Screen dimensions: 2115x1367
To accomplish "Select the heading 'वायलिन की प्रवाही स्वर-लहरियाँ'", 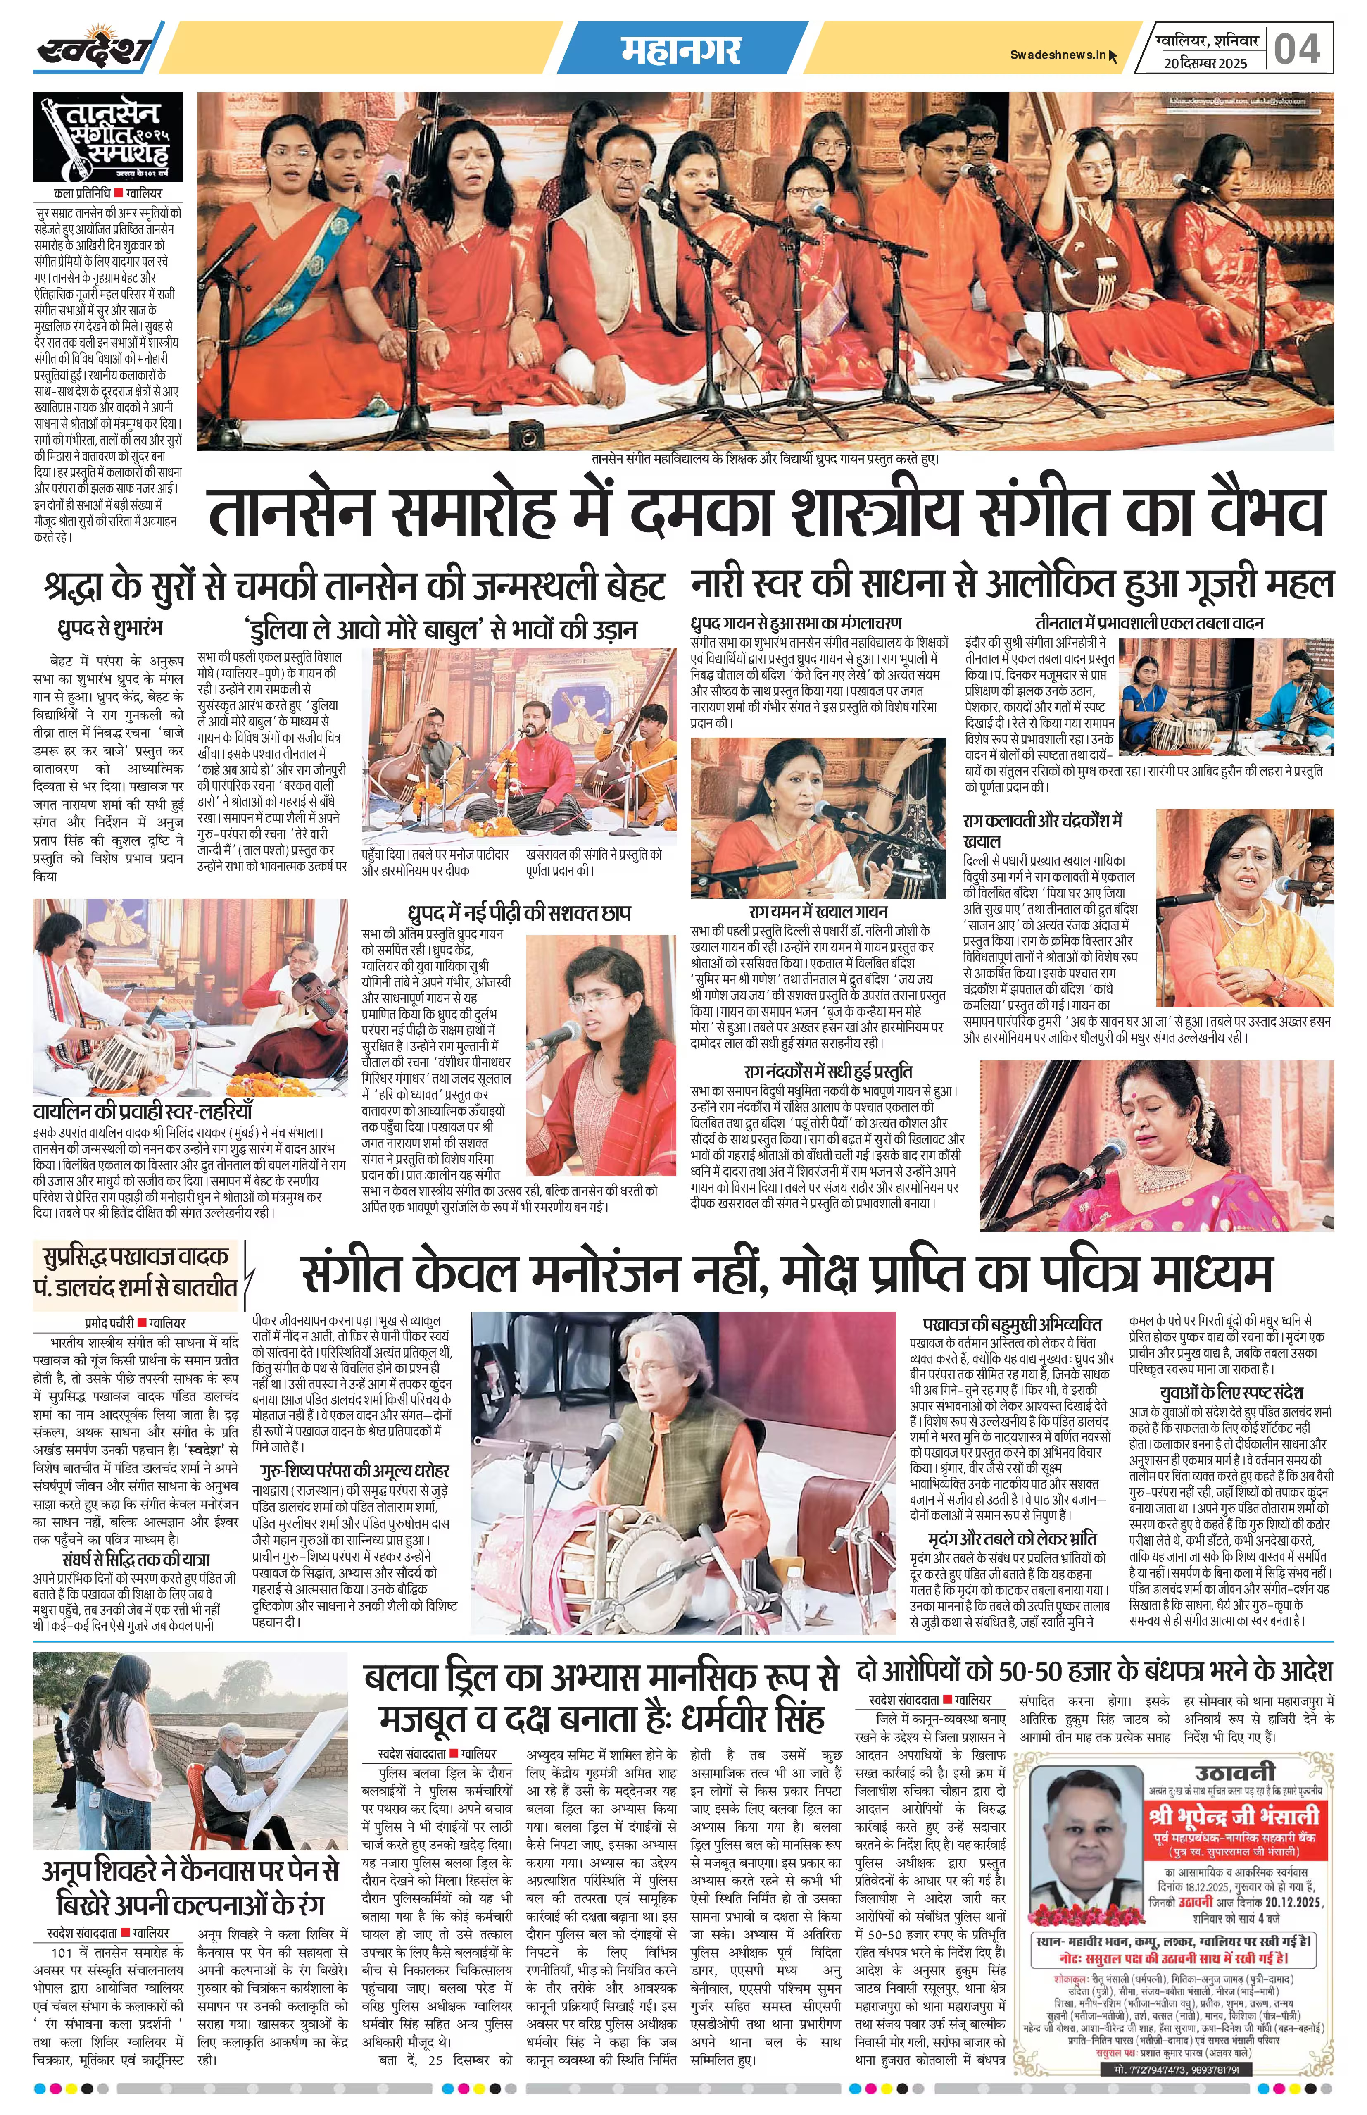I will point(144,1111).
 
